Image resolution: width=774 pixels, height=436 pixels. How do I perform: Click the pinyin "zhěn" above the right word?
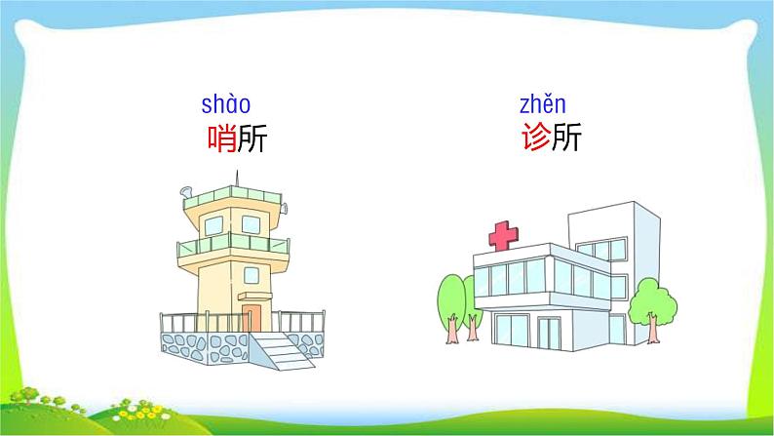click(x=542, y=103)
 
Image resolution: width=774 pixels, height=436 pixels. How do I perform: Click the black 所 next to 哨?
click(x=251, y=139)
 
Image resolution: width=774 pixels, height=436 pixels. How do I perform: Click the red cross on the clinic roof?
click(x=504, y=235)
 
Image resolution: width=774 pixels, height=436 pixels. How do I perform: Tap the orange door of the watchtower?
click(x=252, y=318)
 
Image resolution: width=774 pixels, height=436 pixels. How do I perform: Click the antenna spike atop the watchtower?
click(x=236, y=178)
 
